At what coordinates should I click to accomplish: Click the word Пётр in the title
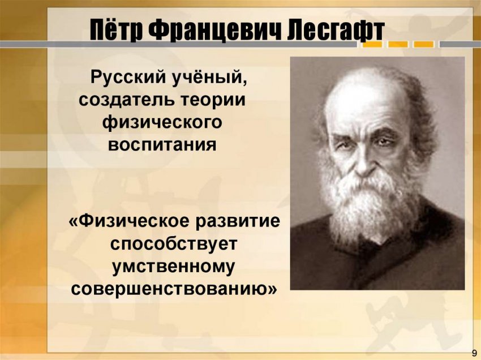tap(115, 30)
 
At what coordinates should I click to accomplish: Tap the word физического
tap(162, 122)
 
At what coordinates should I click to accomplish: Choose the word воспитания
tap(162, 144)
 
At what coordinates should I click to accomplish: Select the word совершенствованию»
tap(174, 288)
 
